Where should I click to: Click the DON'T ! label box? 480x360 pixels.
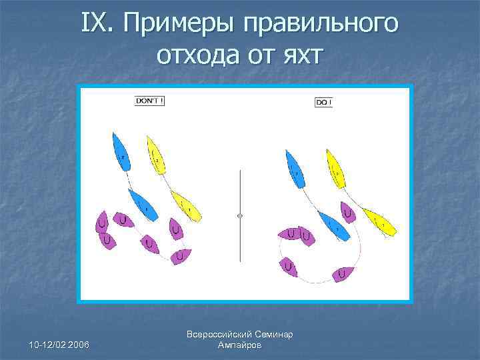pyautogui.click(x=149, y=101)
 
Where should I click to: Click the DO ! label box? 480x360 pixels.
pyautogui.click(x=323, y=103)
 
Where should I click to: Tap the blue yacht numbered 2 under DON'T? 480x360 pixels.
pyautogui.click(x=121, y=153)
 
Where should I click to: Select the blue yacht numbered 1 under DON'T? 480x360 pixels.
pyautogui.click(x=143, y=205)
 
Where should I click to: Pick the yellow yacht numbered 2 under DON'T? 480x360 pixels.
pyautogui.click(x=155, y=155)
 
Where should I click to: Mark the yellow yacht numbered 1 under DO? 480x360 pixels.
pyautogui.click(x=379, y=221)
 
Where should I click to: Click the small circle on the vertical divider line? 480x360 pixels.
pyautogui.click(x=240, y=215)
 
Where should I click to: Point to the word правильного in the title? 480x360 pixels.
pyautogui.click(x=321, y=25)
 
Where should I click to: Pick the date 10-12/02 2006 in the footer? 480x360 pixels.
pyautogui.click(x=61, y=343)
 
